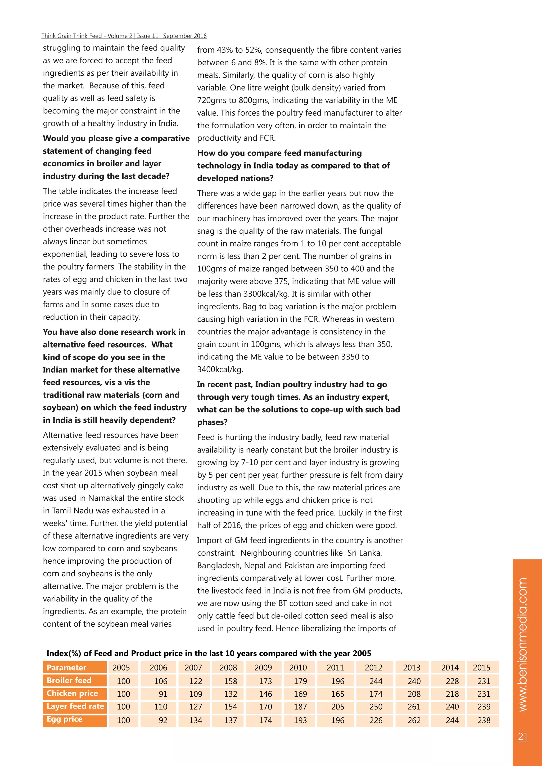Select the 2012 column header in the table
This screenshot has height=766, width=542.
(373, 668)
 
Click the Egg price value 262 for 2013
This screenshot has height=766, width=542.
(414, 720)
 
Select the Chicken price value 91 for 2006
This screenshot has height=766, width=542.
(163, 694)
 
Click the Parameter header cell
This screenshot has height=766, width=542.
(66, 668)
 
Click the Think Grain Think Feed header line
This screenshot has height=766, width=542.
(124, 36)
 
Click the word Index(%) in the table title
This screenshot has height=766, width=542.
(64, 653)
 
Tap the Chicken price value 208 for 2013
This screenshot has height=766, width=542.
(414, 694)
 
